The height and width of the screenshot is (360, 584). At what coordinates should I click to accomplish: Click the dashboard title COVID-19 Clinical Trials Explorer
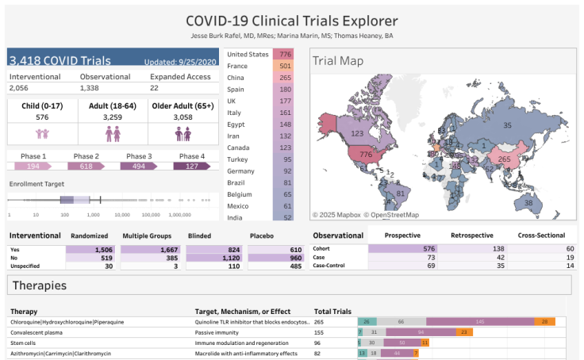[291, 21]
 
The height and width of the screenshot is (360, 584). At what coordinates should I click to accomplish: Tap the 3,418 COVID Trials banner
[113, 58]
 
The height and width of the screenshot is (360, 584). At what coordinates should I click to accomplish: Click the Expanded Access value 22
[156, 88]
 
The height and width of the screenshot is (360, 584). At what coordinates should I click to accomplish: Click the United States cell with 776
[282, 54]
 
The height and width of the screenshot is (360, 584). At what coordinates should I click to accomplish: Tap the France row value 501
[282, 67]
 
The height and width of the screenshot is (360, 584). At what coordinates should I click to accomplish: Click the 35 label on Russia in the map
[507, 124]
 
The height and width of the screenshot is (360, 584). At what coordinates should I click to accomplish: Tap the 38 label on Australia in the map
[528, 204]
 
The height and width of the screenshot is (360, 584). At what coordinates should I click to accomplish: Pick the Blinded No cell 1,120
[217, 259]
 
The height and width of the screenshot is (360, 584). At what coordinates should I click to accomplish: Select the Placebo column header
[263, 236]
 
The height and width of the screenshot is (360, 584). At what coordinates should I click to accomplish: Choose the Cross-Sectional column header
[541, 236]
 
